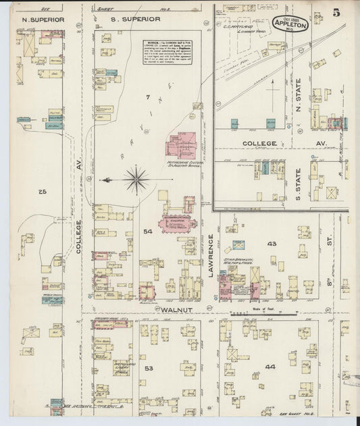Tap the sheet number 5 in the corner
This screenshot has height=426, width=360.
coord(336,13)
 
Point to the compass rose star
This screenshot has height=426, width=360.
coord(136,180)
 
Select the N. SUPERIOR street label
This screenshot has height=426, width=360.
coord(43,20)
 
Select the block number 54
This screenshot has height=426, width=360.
coord(148,232)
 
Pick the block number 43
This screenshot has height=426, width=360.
coord(272,243)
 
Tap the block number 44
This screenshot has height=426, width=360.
coord(271,367)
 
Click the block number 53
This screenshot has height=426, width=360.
coord(149,368)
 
